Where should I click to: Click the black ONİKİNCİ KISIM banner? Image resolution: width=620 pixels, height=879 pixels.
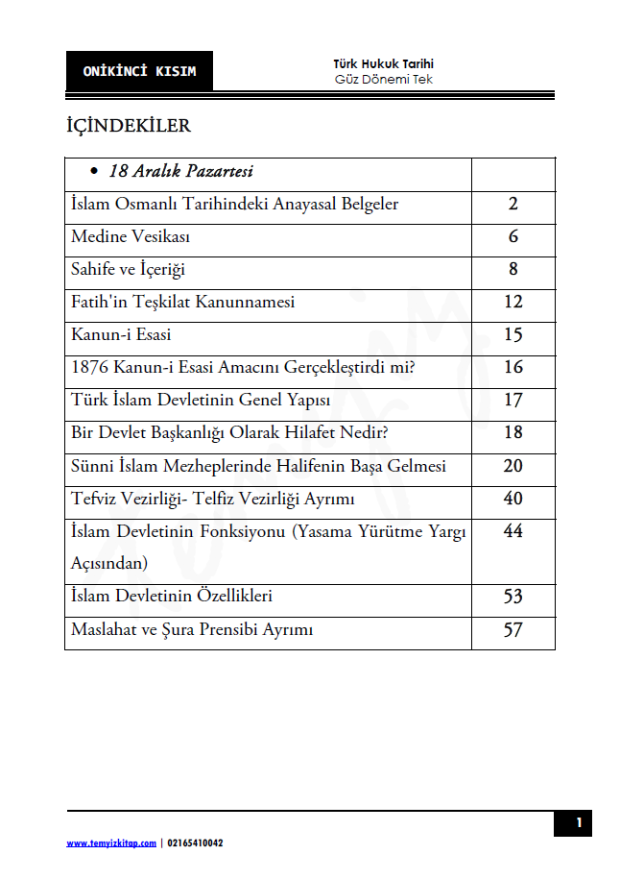[x=139, y=72]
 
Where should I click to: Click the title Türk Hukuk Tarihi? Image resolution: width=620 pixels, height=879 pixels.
[x=383, y=64]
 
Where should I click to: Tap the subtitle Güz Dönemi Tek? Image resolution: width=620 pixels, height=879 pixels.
[x=383, y=80]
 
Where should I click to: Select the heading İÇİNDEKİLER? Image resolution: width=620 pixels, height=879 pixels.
[x=128, y=127]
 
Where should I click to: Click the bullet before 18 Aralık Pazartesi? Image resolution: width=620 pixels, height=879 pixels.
[x=94, y=173]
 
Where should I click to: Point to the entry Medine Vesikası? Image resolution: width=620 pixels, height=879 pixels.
[x=120, y=237]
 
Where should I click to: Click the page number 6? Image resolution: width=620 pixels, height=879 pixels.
[x=513, y=237]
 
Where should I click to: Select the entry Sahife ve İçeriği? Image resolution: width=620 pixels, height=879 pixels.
[x=128, y=270]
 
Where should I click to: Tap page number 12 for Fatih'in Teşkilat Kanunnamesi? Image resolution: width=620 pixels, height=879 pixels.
[x=513, y=303]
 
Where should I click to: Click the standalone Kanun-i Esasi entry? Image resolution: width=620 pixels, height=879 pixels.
[x=121, y=335]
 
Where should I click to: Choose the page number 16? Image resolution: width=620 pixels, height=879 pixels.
[x=513, y=368]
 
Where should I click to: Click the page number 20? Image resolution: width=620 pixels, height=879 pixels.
[x=513, y=466]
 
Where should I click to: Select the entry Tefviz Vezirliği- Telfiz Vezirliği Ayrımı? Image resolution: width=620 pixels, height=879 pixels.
[x=213, y=500]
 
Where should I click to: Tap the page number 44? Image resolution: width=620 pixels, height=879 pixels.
[x=513, y=531]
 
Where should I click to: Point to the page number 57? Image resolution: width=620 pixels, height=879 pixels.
[x=513, y=630]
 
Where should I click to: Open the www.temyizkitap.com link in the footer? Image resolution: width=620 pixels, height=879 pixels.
[x=110, y=843]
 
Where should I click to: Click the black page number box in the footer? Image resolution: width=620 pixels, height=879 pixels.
[x=579, y=823]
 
